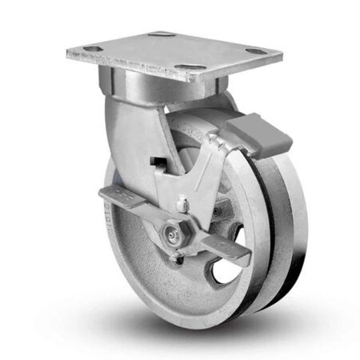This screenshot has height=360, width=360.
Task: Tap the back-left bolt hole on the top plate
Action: pos(161,34)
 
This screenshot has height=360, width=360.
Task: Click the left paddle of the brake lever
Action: pos(120,196)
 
